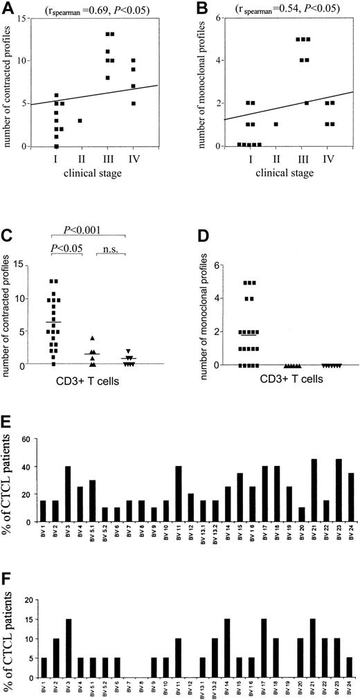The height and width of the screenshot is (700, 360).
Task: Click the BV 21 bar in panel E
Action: (315, 490)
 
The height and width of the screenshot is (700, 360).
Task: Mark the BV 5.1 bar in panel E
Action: (92, 500)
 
